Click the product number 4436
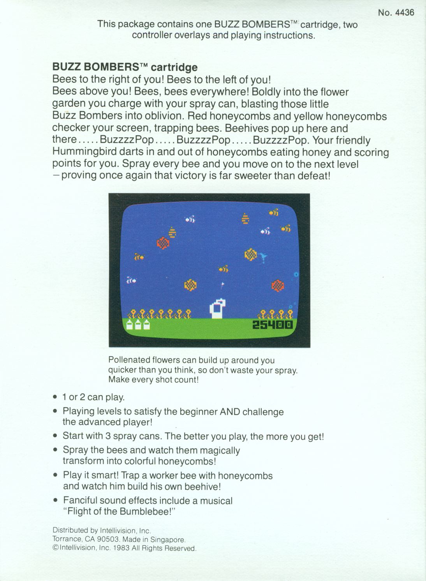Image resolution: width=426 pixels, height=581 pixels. [x=405, y=12]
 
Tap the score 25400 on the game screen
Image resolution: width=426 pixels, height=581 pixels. [x=273, y=325]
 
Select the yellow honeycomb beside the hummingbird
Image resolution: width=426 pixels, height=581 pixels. [x=251, y=254]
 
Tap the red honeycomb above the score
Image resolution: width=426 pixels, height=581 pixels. [x=277, y=286]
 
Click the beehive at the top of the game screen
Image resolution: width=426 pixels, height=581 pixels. [x=245, y=219]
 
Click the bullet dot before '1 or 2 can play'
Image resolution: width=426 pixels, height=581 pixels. [x=55, y=397]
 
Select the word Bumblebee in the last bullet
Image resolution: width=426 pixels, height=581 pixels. [x=144, y=511]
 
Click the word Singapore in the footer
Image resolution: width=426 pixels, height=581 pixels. [x=168, y=540]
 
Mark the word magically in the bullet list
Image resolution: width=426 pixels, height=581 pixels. [x=220, y=450]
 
